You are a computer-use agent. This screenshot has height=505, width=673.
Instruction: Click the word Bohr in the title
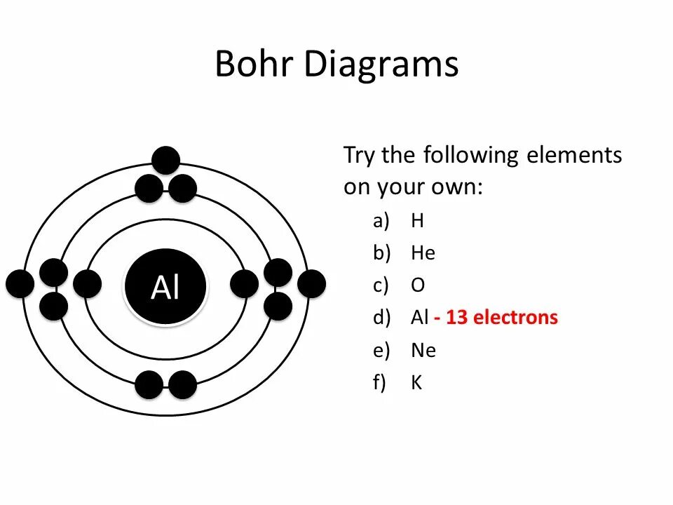coord(255,64)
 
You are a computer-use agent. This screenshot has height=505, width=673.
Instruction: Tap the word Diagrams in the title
coord(381,65)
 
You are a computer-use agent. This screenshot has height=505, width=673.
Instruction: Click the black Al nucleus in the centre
coord(165,286)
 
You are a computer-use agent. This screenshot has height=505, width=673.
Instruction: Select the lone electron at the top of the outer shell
coord(166,160)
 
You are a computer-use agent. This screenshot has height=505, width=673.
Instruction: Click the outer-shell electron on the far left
coord(20,283)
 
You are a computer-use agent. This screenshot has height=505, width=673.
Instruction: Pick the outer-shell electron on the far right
coord(311,283)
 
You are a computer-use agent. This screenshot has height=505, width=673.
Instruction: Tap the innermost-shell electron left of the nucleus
coord(87,283)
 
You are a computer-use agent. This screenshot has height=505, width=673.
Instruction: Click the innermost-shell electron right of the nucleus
coord(244,283)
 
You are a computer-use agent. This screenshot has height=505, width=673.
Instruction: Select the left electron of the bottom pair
coord(149,384)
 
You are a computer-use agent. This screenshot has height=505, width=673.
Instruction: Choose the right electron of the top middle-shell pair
coord(183,189)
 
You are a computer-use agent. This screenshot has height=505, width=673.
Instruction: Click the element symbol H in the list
coord(417,221)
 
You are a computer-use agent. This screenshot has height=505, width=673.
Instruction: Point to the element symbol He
coord(423,253)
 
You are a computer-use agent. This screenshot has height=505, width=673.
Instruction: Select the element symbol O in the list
coord(418,285)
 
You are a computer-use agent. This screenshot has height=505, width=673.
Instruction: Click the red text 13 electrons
coord(501,318)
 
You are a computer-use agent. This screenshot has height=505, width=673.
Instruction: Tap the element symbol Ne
coord(423,350)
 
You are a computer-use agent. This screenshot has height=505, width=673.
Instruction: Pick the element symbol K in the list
coord(416,382)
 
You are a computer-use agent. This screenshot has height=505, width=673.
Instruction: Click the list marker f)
coord(379,382)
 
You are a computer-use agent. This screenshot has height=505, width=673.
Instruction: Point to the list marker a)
coord(380,221)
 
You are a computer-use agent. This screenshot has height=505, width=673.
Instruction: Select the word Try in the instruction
coord(360,156)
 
